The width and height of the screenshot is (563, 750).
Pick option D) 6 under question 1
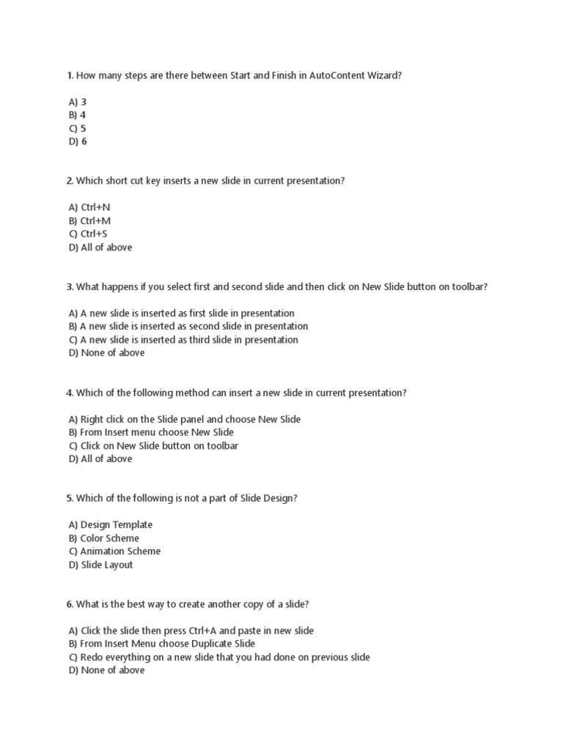tap(78, 141)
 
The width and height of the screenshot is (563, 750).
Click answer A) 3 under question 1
tap(78, 102)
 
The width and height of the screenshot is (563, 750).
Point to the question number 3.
tap(69, 286)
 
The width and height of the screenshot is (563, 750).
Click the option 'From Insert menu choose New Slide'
tap(150, 432)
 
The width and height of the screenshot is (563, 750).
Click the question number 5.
tap(69, 498)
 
